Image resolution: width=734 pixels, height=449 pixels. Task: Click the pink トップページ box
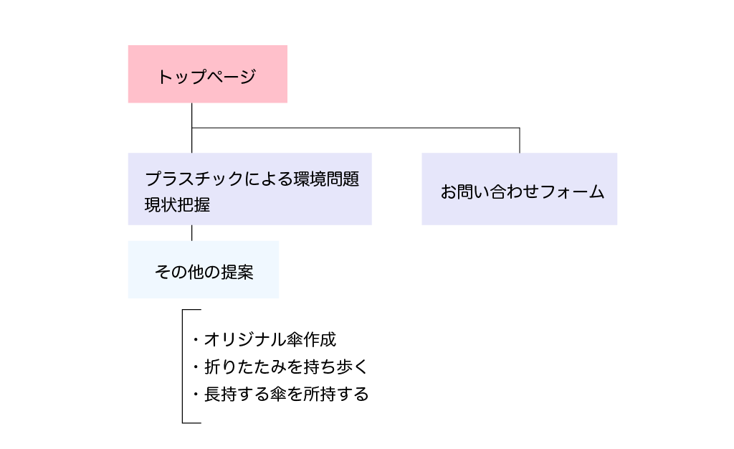click(207, 74)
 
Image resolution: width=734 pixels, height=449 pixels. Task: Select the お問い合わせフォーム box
click(519, 189)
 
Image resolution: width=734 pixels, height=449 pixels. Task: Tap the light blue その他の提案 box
click(204, 269)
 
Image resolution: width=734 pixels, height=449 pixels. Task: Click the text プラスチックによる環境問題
click(252, 179)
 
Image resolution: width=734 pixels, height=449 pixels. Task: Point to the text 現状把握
click(177, 204)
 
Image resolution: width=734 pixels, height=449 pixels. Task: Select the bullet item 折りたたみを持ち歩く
click(285, 367)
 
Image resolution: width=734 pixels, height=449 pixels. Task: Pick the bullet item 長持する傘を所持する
click(285, 394)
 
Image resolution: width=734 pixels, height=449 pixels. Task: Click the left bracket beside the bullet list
click(183, 367)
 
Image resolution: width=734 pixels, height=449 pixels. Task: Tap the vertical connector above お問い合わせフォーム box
click(520, 140)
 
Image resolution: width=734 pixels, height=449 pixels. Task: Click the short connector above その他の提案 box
click(192, 232)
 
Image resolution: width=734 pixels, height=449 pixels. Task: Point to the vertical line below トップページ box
click(192, 115)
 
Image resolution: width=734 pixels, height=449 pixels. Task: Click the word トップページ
click(206, 77)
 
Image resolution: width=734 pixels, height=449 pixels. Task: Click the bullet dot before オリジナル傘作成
click(196, 340)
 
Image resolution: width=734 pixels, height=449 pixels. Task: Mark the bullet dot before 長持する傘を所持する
click(196, 394)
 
